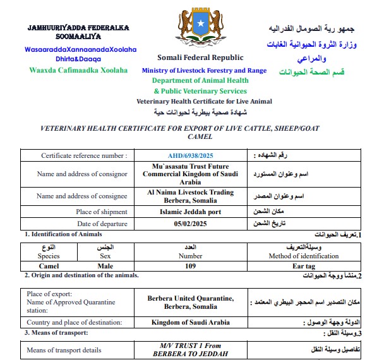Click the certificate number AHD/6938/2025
coord(191,155)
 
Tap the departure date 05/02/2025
coord(190,224)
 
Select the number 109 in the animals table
coord(190,267)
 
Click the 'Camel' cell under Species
coord(49,267)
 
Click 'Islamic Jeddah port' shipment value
coord(191,212)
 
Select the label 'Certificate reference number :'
coord(84,155)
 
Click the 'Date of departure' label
coord(102,224)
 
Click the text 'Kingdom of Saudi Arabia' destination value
coord(191,322)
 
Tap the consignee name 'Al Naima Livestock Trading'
coord(190,192)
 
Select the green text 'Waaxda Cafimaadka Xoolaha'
coord(78,70)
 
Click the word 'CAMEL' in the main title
coord(200,136)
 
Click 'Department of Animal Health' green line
coord(200,81)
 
